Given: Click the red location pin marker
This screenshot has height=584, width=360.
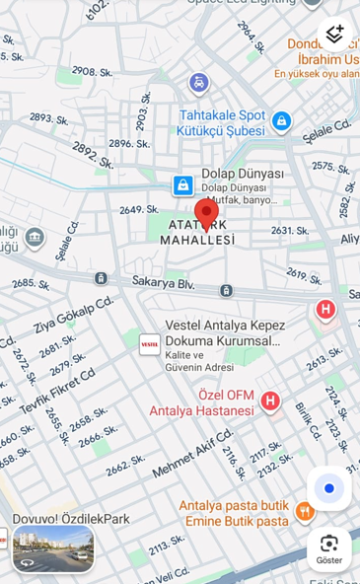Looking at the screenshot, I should point(206,213).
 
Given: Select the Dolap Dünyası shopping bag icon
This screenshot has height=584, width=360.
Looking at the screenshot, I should point(182,184).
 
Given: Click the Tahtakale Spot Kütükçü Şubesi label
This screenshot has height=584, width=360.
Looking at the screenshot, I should point(221,122).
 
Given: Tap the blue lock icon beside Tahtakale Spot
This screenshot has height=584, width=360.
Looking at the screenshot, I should point(282,121).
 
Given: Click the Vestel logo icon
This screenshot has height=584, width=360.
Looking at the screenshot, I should point(150,343).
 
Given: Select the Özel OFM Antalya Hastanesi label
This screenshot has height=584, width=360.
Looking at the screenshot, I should point(201,402).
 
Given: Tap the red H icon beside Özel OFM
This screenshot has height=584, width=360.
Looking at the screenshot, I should point(270,401).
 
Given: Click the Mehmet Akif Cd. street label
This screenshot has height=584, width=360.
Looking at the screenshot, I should point(192,454).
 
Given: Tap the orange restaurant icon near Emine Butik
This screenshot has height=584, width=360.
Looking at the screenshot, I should point(305,511).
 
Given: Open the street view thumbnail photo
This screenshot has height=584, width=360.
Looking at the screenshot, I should point(53,548).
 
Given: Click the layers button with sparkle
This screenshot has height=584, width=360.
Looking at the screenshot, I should point(335,34).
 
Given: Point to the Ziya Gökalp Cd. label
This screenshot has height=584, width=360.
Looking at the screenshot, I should point(74,314).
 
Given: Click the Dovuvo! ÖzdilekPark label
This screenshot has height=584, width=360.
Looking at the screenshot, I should point(71,518).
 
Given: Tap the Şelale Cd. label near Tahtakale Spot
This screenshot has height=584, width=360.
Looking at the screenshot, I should point(328,129).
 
